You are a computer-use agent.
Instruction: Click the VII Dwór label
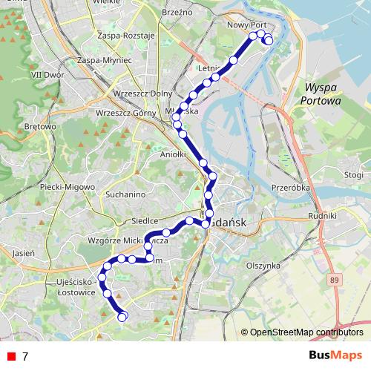point(46,75)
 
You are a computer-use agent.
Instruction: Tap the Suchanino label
point(125,194)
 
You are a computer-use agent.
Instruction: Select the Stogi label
point(354,175)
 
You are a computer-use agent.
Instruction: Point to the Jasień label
point(24,252)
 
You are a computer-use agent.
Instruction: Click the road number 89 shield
point(336,279)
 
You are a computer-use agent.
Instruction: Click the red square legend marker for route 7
point(9,357)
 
